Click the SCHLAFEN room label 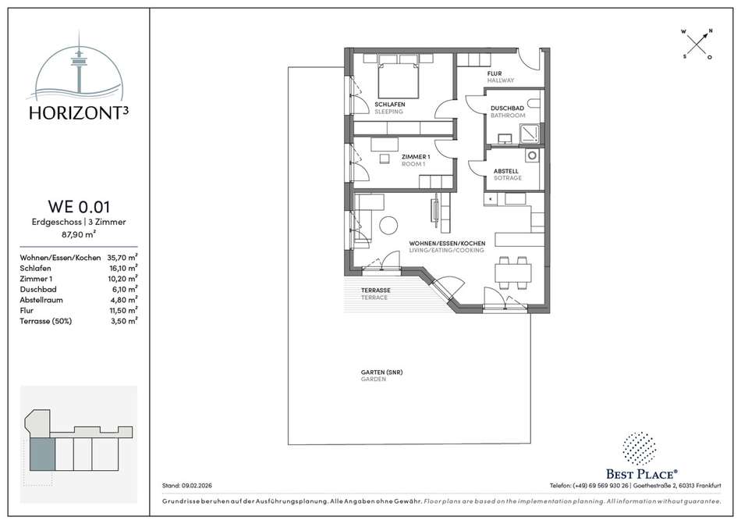coord(390,105)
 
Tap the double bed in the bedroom coord(399,80)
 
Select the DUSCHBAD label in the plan coord(507,109)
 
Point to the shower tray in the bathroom coord(530,134)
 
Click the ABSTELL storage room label coord(505,171)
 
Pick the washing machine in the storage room coord(532,155)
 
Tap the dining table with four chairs coord(512,273)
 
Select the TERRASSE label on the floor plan coord(376,291)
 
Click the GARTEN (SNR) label coord(382,373)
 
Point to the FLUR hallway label coord(495,73)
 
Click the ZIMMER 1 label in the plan coord(416,157)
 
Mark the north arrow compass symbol coord(697,45)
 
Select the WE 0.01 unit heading coord(79,207)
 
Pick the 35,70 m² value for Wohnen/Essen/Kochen coord(122,258)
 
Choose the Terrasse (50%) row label coord(46,321)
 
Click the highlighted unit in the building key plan coord(43,454)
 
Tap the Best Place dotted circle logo coord(639,448)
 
